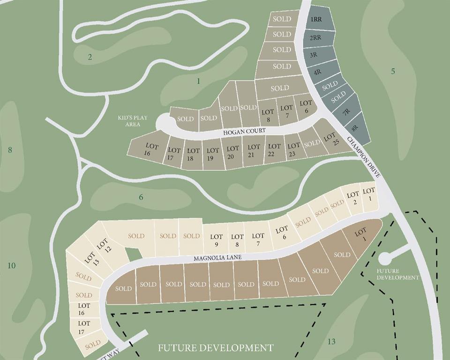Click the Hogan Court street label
coord(244,131)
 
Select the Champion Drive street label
coord(364,157)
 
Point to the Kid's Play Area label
coord(132,121)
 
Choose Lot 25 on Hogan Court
coord(330,138)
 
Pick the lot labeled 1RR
coord(316,19)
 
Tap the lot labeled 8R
coord(355,127)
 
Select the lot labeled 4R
coord(317,72)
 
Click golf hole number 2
coord(90,58)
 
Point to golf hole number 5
coord(393,71)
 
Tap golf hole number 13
coord(331,341)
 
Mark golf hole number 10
coord(11,266)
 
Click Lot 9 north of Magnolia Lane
coord(216,240)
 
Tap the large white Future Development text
coord(216,348)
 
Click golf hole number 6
coord(141,197)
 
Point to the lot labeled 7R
coord(346,112)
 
